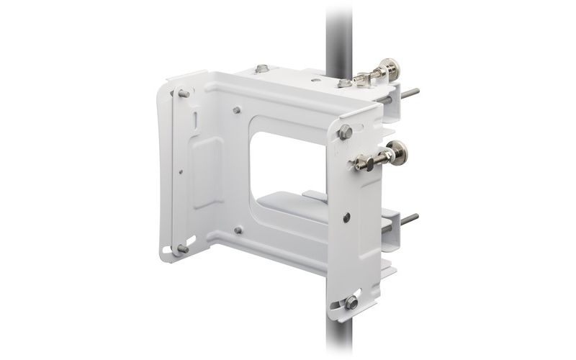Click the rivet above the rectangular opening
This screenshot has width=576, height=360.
[x=237, y=110]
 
